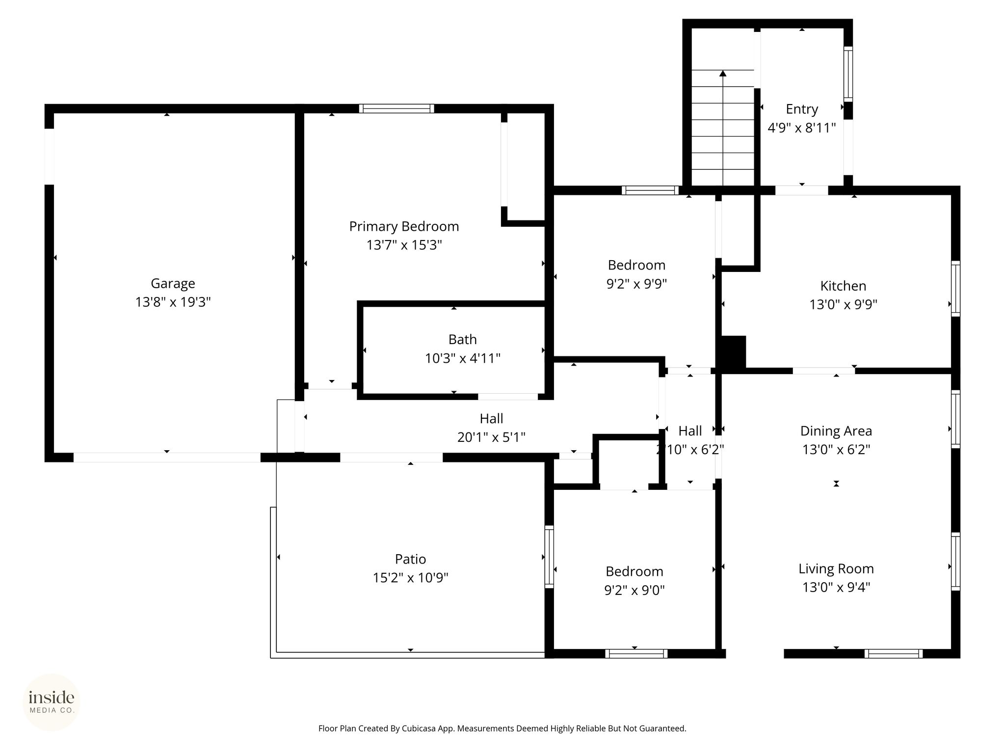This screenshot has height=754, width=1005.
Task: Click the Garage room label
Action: [x=173, y=284]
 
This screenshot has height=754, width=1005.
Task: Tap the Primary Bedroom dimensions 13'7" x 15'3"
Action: [x=404, y=245]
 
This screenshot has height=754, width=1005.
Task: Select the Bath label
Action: [x=462, y=339]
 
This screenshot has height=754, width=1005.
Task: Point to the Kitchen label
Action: [x=843, y=286]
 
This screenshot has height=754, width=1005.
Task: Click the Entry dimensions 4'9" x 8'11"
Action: [x=801, y=128]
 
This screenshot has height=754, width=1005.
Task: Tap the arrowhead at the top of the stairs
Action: [x=722, y=74]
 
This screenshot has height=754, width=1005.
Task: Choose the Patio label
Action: [x=410, y=559]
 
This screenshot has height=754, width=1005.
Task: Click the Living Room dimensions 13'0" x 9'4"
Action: [x=836, y=587]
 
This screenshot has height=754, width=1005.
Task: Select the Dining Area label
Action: [x=836, y=431]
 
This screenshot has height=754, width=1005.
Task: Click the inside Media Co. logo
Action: [x=52, y=702]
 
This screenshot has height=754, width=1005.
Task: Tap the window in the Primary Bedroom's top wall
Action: [x=397, y=108]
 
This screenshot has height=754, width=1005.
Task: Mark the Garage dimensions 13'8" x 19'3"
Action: [x=173, y=302]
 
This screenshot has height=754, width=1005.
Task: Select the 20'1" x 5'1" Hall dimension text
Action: [x=491, y=437]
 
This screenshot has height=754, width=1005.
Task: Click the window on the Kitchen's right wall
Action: [x=955, y=289]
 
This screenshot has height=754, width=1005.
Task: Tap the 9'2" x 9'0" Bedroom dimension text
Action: [x=635, y=590]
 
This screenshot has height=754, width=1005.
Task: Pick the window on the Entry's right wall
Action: [x=848, y=74]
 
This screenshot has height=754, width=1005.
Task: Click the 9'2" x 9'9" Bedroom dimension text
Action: [x=636, y=284]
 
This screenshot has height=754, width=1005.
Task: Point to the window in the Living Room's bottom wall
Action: [x=894, y=653]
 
